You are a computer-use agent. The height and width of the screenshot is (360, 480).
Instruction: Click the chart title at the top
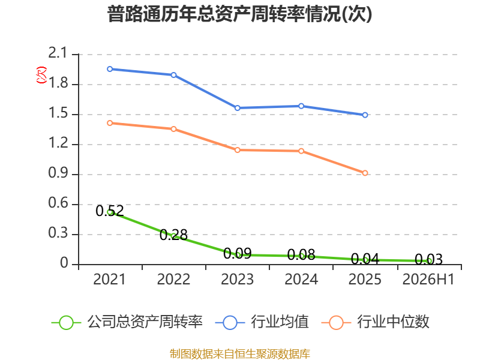(239, 14)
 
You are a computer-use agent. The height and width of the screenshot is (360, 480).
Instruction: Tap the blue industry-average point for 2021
(110, 69)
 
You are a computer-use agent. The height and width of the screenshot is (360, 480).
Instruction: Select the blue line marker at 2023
(237, 108)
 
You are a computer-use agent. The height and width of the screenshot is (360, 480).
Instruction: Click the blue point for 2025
(365, 115)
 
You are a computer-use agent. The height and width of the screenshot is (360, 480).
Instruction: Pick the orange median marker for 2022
(173, 129)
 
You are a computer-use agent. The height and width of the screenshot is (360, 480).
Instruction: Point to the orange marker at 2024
(301, 151)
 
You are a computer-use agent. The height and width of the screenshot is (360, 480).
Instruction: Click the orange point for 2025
(365, 173)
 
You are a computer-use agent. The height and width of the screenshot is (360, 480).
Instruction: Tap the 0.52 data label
(110, 211)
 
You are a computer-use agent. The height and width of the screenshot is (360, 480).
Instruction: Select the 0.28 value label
(173, 235)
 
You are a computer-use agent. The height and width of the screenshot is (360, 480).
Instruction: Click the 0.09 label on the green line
(237, 253)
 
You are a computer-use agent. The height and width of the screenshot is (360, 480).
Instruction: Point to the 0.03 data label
(428, 260)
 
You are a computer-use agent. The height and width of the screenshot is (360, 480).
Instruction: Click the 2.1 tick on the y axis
(58, 53)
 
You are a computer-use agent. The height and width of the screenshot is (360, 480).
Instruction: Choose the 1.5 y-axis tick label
(58, 113)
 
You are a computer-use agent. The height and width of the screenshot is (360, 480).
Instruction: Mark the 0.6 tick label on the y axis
(58, 203)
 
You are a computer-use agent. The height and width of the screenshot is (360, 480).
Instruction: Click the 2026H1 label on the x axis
(428, 279)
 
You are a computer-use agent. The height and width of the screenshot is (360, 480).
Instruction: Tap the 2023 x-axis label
(237, 279)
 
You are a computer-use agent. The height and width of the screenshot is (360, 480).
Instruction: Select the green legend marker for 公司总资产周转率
(66, 323)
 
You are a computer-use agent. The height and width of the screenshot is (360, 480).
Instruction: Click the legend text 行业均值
(280, 322)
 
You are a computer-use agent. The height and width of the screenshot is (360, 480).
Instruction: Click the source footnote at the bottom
(240, 354)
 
